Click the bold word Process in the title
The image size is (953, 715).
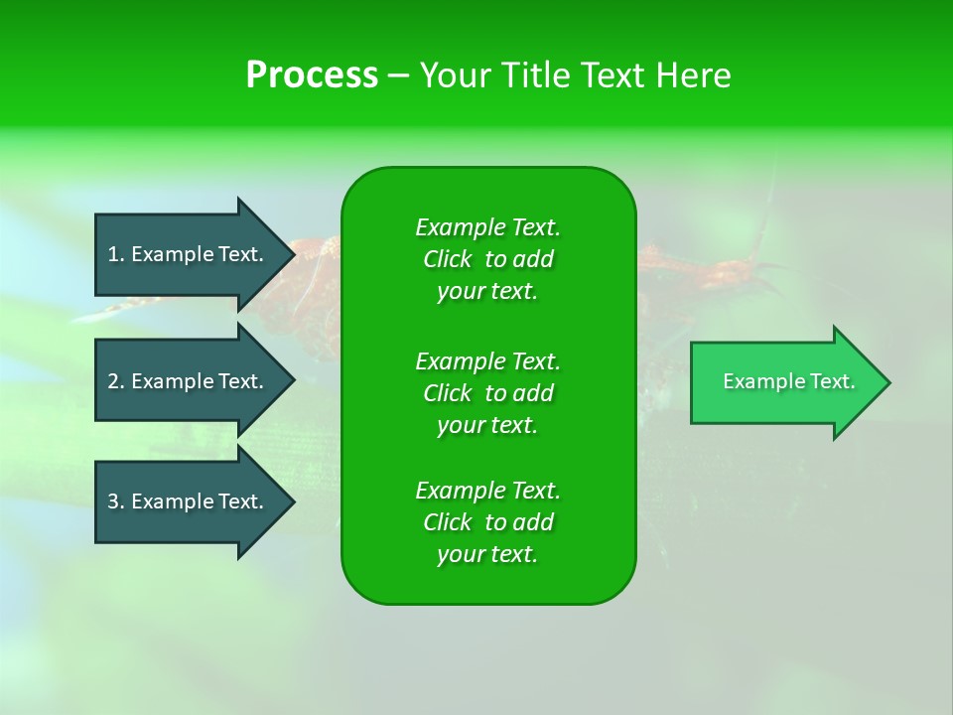coord(312,75)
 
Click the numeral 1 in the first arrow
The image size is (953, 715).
coord(113,254)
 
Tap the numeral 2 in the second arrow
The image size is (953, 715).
coord(113,381)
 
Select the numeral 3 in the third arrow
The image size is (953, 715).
coord(113,501)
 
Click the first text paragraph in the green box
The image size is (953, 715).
coord(487,259)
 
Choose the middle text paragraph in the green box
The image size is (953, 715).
coord(487,392)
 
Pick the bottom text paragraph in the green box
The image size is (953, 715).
coord(487,522)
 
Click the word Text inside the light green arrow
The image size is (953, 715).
coord(832,382)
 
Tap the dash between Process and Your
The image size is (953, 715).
coord(399,75)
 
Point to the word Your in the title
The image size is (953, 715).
coord(452,75)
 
